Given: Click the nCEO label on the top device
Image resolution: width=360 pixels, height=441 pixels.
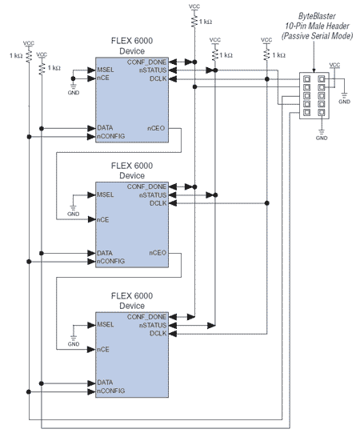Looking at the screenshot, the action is [x=156, y=128].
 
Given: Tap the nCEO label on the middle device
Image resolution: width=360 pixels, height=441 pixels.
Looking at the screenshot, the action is [x=158, y=253].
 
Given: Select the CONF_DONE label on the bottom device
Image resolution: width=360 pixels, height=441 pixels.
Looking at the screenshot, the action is [x=146, y=317].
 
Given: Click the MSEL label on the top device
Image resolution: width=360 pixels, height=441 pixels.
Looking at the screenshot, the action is [x=106, y=70].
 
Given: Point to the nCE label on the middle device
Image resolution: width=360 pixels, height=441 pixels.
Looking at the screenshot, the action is [x=103, y=219].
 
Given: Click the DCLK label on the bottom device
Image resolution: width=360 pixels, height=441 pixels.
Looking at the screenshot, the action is [x=158, y=333].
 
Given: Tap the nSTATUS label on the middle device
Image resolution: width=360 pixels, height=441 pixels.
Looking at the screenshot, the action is [x=153, y=195].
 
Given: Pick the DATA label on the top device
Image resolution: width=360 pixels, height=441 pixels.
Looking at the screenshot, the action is [x=105, y=128].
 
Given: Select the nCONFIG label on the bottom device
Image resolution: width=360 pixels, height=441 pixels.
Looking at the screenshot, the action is [x=111, y=391].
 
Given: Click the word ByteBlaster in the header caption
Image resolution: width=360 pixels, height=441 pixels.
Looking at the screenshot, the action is [x=317, y=16].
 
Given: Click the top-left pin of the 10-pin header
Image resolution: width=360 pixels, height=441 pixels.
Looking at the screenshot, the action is [x=307, y=78].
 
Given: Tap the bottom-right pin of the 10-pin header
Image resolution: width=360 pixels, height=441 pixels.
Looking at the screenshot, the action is [x=322, y=113].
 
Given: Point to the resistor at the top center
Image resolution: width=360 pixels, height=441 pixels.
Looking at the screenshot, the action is [x=194, y=21].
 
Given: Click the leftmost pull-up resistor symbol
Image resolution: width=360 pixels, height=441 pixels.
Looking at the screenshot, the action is [x=29, y=56].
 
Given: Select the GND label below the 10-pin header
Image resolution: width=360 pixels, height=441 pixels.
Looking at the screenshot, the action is [x=322, y=138].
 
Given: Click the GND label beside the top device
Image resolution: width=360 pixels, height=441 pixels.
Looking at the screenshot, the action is [x=74, y=93].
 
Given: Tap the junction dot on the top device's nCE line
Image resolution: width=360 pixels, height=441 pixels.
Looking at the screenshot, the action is [x=73, y=78].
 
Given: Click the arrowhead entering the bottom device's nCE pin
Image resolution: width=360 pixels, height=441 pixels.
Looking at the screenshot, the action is [x=91, y=350].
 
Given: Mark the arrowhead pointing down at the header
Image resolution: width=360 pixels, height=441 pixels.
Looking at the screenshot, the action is [x=314, y=70].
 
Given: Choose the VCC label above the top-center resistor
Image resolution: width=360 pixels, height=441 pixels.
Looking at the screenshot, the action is [x=194, y=6].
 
